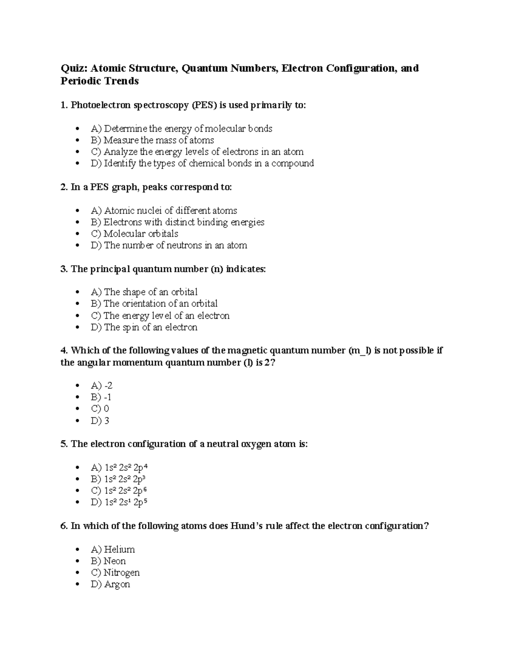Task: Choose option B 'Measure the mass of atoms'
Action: click(x=152, y=140)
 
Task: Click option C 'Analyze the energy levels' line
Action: click(x=197, y=152)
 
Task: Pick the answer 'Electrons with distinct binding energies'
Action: click(x=178, y=222)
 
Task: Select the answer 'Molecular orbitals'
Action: click(x=135, y=234)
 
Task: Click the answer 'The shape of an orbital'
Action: click(x=144, y=292)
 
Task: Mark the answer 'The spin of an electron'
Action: click(x=144, y=327)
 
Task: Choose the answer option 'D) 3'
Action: click(x=100, y=421)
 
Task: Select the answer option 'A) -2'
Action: click(x=101, y=386)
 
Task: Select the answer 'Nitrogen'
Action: click(x=115, y=573)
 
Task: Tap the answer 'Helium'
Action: click(x=113, y=550)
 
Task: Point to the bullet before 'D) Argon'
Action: click(x=77, y=585)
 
